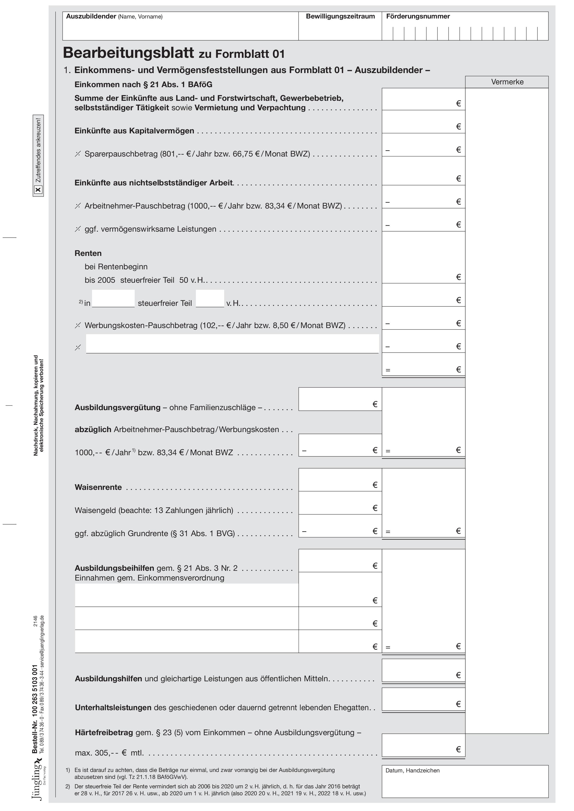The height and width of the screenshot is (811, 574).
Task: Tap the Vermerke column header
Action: coord(507,82)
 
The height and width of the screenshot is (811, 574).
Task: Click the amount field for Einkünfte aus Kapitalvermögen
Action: coord(423,122)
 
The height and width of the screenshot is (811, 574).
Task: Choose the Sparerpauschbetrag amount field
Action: coord(423,145)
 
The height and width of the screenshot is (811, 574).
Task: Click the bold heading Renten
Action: coord(88,253)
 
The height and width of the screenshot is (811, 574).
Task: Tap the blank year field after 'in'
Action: coord(113,299)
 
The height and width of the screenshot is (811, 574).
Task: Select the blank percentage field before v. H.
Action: coord(210,299)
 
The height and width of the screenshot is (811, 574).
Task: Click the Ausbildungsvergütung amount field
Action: coord(340,399)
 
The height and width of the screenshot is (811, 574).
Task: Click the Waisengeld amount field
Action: coord(340,503)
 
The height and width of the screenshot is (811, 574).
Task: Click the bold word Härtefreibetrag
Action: coord(104,733)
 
